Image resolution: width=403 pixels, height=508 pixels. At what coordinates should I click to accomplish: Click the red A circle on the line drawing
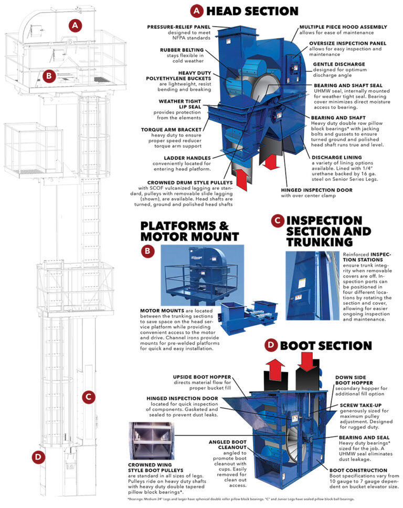click(x=77, y=24)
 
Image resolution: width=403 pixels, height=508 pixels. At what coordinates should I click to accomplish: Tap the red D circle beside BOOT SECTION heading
click(x=270, y=345)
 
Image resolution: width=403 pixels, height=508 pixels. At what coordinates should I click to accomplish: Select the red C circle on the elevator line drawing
click(x=90, y=397)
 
